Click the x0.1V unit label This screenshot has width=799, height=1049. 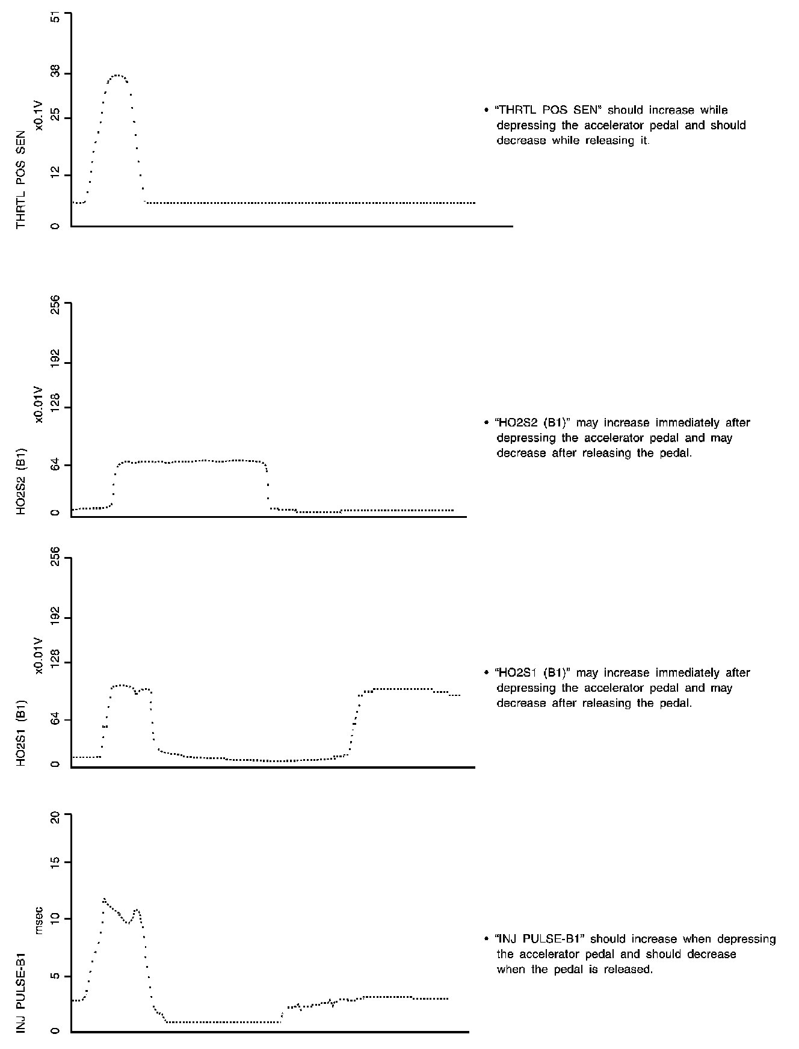click(39, 115)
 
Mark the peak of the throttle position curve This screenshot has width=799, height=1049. click(117, 75)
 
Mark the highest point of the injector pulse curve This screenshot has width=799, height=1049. click(104, 899)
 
